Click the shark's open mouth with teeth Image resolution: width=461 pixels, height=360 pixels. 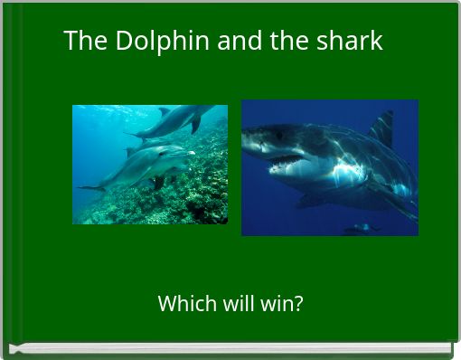[284, 163]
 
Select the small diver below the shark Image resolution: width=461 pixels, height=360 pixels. [361, 229]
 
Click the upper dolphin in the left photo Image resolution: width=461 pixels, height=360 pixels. [176, 120]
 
